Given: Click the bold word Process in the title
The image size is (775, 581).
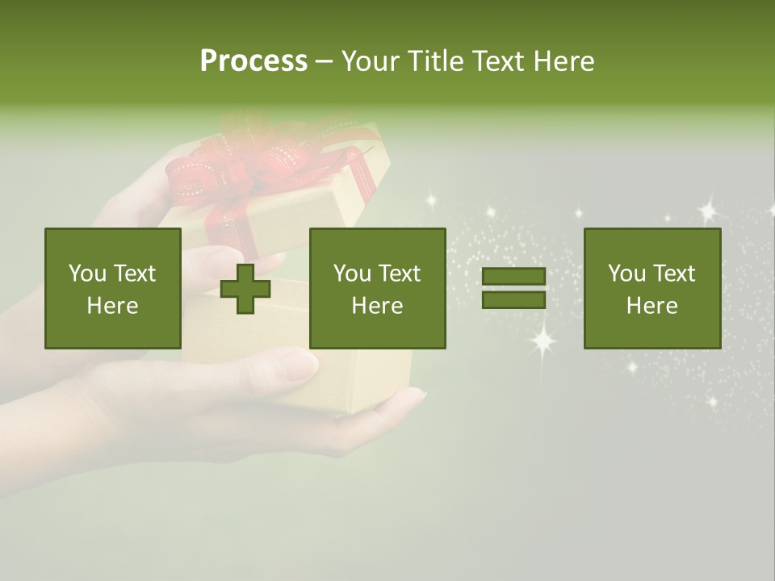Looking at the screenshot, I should pyautogui.click(x=253, y=61).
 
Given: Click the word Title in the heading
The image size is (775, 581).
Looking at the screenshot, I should pyautogui.click(x=432, y=61).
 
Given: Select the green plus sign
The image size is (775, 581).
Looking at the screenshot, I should pyautogui.click(x=245, y=288).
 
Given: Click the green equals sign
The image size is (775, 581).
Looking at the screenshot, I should pyautogui.click(x=513, y=288).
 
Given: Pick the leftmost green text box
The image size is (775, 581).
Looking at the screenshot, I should pyautogui.click(x=113, y=288).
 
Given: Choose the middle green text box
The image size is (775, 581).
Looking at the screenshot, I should pyautogui.click(x=377, y=288).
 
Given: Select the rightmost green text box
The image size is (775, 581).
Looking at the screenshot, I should pyautogui.click(x=652, y=288).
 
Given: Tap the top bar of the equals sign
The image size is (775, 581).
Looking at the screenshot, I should pyautogui.click(x=513, y=277).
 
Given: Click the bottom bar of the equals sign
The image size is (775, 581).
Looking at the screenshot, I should pyautogui.click(x=513, y=299).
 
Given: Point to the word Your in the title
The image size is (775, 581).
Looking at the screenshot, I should pyautogui.click(x=369, y=61).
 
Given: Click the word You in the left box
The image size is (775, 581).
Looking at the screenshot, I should pyautogui.click(x=86, y=274).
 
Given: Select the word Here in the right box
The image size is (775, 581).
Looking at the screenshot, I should pyautogui.click(x=651, y=305).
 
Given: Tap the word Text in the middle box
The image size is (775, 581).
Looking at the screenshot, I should pyautogui.click(x=400, y=274).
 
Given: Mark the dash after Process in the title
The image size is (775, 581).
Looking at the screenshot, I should pyautogui.click(x=324, y=61).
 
